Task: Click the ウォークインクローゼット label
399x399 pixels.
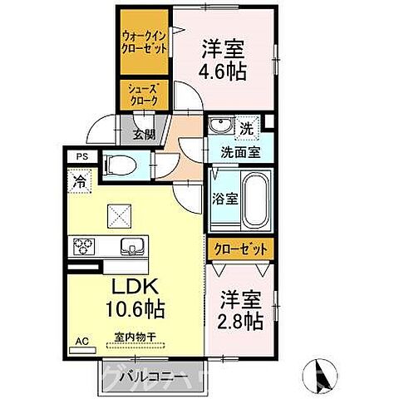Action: pos(144,42)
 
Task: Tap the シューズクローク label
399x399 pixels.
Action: pos(144,94)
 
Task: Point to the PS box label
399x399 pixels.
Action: pos(81,154)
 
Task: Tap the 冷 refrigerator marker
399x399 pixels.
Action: pos(80,179)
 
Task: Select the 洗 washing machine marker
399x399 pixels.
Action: pos(247,129)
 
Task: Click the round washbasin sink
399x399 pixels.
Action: pos(219,126)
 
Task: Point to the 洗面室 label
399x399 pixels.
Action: pos(240,152)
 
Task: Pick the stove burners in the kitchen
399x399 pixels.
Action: pos(86,246)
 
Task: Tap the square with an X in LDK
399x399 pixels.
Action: pos(117,216)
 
